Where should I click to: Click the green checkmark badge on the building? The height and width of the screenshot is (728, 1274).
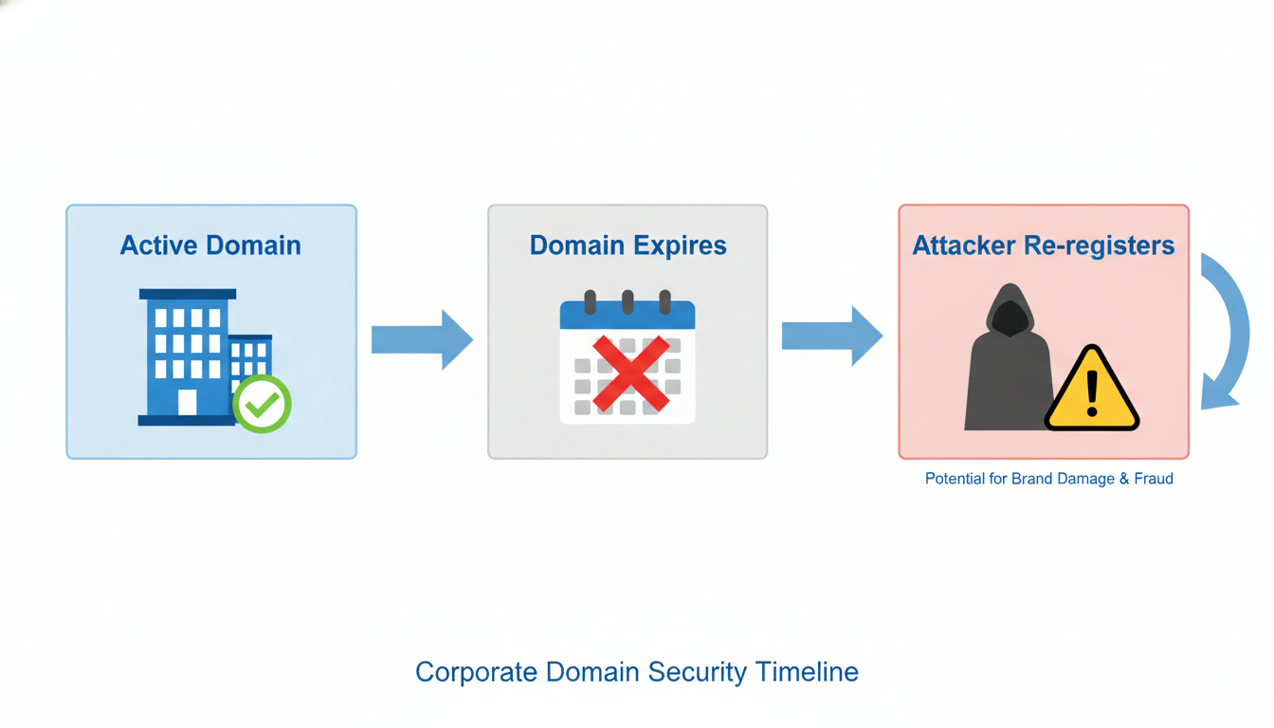pyautogui.click(x=263, y=405)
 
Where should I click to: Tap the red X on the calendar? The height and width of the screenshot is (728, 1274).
pyautogui.click(x=630, y=373)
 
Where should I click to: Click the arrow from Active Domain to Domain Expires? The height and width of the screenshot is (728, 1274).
pyautogui.click(x=422, y=338)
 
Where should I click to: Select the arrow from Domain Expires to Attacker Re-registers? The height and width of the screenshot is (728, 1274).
pyautogui.click(x=831, y=336)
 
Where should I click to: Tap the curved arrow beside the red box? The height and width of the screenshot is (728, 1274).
pyautogui.click(x=1227, y=332)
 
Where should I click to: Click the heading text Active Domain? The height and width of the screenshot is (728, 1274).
pyautogui.click(x=210, y=246)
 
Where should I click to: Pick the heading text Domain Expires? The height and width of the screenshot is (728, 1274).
pyautogui.click(x=628, y=246)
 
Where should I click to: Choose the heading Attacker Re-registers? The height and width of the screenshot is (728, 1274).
pyautogui.click(x=1043, y=246)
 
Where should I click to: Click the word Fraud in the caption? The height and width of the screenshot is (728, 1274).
pyautogui.click(x=1154, y=479)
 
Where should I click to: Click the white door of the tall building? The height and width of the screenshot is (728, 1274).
pyautogui.click(x=188, y=403)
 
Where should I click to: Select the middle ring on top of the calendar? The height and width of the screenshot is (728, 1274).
pyautogui.click(x=628, y=302)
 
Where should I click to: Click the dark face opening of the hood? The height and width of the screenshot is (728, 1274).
pyautogui.click(x=1010, y=319)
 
